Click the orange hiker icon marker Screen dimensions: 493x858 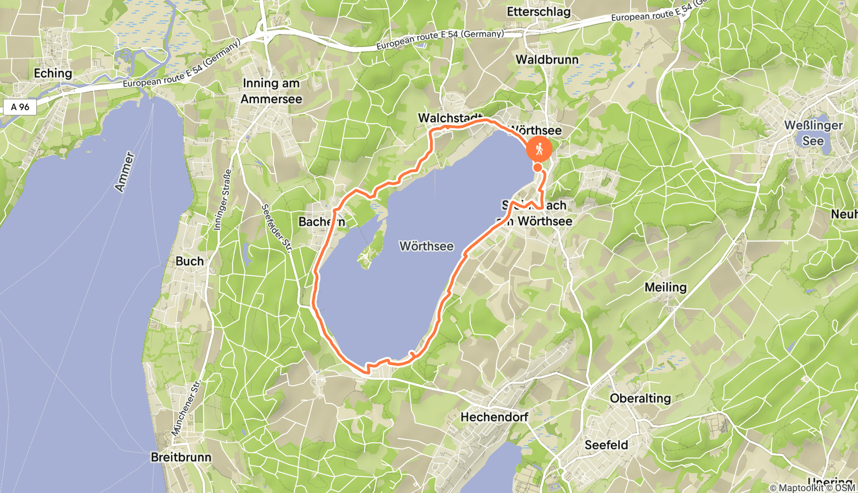tap(539, 149)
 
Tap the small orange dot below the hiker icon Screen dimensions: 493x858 tap(537, 167)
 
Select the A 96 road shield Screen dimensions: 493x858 tap(20, 107)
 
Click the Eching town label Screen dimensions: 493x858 tap(53, 73)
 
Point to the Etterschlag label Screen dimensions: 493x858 tap(539, 12)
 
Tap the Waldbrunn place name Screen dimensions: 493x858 tap(547, 60)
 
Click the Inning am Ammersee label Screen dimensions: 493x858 tap(271, 91)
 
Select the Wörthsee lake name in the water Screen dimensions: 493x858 tap(426, 246)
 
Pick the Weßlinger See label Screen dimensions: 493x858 tap(813, 133)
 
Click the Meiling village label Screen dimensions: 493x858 tap(665, 287)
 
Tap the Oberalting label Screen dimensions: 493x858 tap(640, 398)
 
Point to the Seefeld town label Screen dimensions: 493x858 tap(606, 445)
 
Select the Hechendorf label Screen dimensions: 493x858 tap(494, 417)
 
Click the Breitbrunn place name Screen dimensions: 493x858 tap(181, 457)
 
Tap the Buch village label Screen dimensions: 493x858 tap(189, 261)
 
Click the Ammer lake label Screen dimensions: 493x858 tap(124, 172)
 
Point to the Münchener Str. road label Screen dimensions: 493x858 tap(186, 408)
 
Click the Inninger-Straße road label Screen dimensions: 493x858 tap(223, 200)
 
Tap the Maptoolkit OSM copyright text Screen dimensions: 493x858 tap(812, 488)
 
